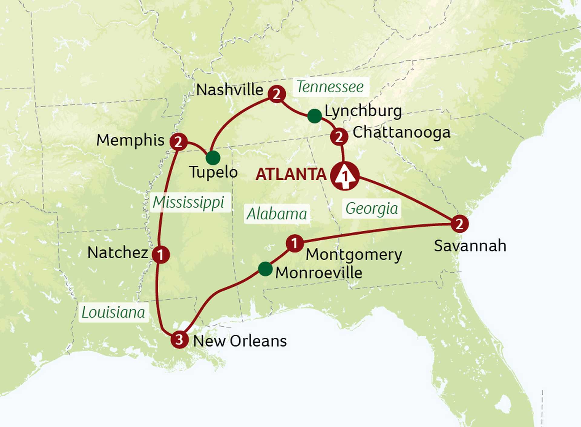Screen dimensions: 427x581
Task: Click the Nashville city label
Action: [x=230, y=90]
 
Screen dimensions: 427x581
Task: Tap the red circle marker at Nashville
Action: [x=277, y=94]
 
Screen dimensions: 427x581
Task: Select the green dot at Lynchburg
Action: [x=314, y=116]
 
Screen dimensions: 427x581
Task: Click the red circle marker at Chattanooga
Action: [x=339, y=137]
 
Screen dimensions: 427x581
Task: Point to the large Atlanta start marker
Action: [x=345, y=176]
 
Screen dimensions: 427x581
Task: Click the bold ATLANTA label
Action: [x=291, y=174]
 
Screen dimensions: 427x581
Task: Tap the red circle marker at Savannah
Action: [x=459, y=224]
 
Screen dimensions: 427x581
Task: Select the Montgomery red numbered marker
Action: [x=294, y=243]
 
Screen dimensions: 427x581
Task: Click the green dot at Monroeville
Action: [x=265, y=269]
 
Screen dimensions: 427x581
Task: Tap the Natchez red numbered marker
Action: [x=160, y=255]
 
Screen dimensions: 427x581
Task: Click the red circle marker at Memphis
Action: [x=178, y=142]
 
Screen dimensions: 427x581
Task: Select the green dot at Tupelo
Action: [x=213, y=158]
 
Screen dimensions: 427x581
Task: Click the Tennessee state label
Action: [x=330, y=87]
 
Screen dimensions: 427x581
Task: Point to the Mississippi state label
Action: [x=189, y=202]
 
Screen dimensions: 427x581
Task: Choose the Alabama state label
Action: [x=277, y=214]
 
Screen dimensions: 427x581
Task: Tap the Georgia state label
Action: [x=372, y=208]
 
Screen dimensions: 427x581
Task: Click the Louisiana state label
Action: [x=113, y=312]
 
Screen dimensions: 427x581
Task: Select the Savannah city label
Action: [x=470, y=246]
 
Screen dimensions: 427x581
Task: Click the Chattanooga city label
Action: [x=401, y=132]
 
